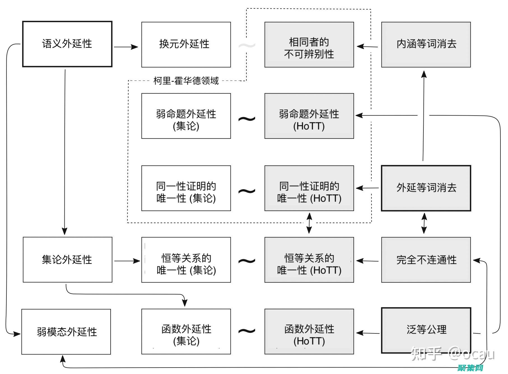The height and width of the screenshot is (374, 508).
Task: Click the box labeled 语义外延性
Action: click(x=67, y=44)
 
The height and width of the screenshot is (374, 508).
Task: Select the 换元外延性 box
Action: click(x=186, y=45)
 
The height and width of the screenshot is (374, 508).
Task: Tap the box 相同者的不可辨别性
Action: click(x=309, y=45)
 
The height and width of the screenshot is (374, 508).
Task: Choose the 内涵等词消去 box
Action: click(x=426, y=45)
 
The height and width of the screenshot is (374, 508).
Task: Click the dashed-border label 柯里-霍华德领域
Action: click(x=186, y=81)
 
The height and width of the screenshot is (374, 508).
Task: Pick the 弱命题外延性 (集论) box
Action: click(x=186, y=116)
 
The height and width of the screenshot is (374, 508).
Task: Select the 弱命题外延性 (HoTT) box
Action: click(x=309, y=116)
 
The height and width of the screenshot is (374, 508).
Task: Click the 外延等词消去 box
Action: click(x=426, y=188)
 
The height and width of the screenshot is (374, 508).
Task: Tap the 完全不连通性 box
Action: click(x=426, y=260)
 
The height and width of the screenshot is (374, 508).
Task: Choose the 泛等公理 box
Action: click(x=426, y=330)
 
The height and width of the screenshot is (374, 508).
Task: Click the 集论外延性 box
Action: click(x=67, y=260)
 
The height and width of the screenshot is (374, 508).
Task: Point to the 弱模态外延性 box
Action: click(x=66, y=332)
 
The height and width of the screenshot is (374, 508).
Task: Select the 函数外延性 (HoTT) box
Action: click(x=309, y=331)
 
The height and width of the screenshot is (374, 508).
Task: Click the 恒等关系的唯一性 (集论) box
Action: click(x=186, y=260)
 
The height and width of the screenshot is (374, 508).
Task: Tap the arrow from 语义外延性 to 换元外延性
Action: click(x=126, y=47)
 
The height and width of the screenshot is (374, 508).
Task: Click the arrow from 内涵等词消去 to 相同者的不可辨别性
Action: click(x=367, y=46)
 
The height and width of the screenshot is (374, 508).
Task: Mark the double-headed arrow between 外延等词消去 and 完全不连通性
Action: click(x=424, y=223)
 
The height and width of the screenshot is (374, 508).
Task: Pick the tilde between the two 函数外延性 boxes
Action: click(x=247, y=331)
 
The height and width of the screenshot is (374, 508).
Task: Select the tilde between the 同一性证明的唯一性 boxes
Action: click(x=247, y=191)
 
